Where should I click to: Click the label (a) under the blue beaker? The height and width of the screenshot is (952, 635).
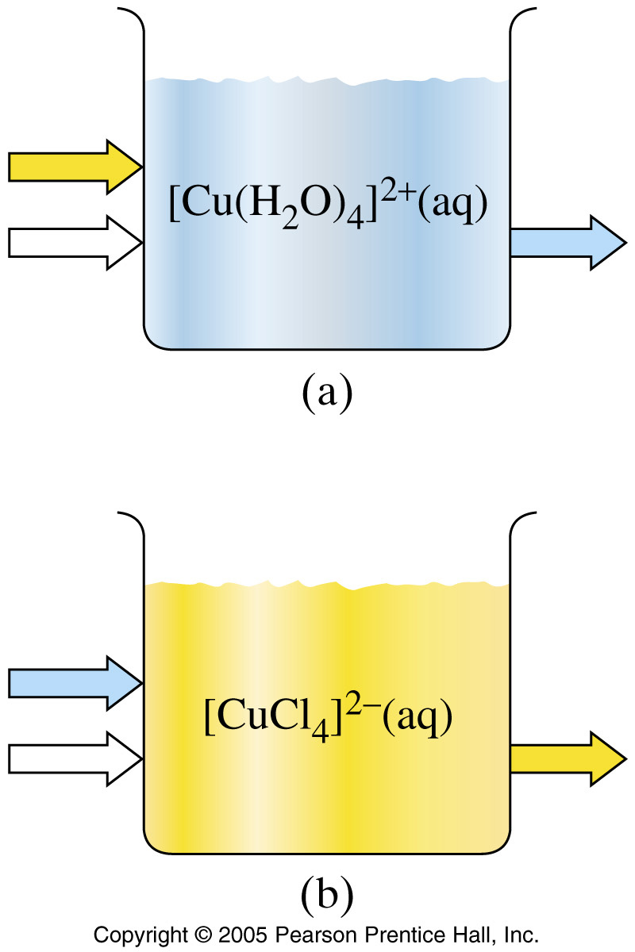tap(326, 392)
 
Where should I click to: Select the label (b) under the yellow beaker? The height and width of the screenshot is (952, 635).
tap(326, 893)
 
